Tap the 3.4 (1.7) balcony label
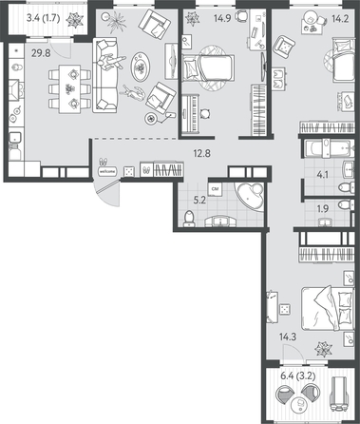pos(45,16)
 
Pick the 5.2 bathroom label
pos(188,201)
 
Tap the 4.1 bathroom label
pos(324,174)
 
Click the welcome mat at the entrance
pos(107,171)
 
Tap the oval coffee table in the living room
pos(140,66)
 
